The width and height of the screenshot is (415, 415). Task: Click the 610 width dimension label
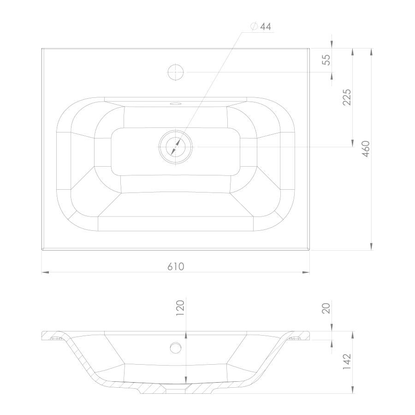point(176,266)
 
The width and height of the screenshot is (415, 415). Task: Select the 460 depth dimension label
point(366,149)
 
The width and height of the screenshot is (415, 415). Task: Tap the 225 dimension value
point(347,97)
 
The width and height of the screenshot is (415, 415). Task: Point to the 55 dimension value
point(326,60)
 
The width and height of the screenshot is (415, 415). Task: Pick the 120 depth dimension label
point(180,307)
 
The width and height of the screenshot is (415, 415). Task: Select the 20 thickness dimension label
point(326,308)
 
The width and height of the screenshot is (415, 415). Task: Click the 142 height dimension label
point(347,362)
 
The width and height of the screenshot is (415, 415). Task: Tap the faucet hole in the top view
point(176,72)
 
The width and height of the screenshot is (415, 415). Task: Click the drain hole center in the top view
point(176,147)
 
